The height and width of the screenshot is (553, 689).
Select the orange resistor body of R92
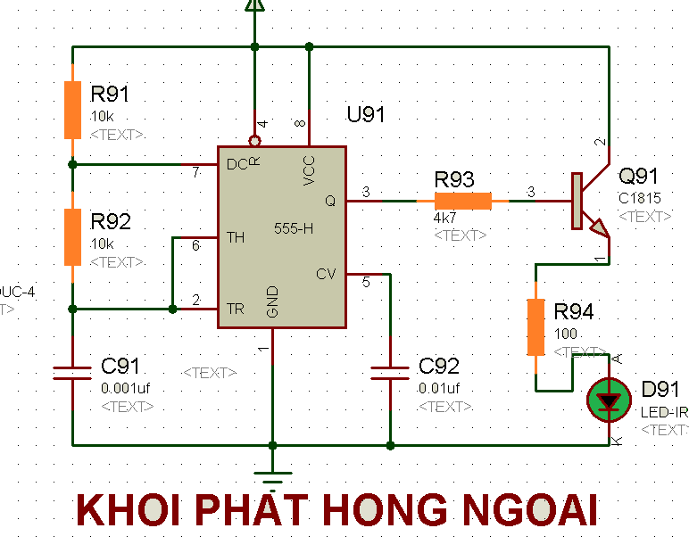[72, 237]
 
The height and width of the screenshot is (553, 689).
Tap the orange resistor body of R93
[462, 202]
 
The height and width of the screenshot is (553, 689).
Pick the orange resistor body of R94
[535, 327]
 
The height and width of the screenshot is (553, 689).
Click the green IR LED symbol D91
[609, 401]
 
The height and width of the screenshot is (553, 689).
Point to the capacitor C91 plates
[72, 372]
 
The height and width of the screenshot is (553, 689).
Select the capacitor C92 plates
[390, 372]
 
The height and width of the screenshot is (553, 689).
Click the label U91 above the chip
[366, 114]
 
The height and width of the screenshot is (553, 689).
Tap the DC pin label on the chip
[237, 165]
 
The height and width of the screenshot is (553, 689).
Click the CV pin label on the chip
[326, 274]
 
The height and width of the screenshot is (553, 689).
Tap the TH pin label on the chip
[236, 237]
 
